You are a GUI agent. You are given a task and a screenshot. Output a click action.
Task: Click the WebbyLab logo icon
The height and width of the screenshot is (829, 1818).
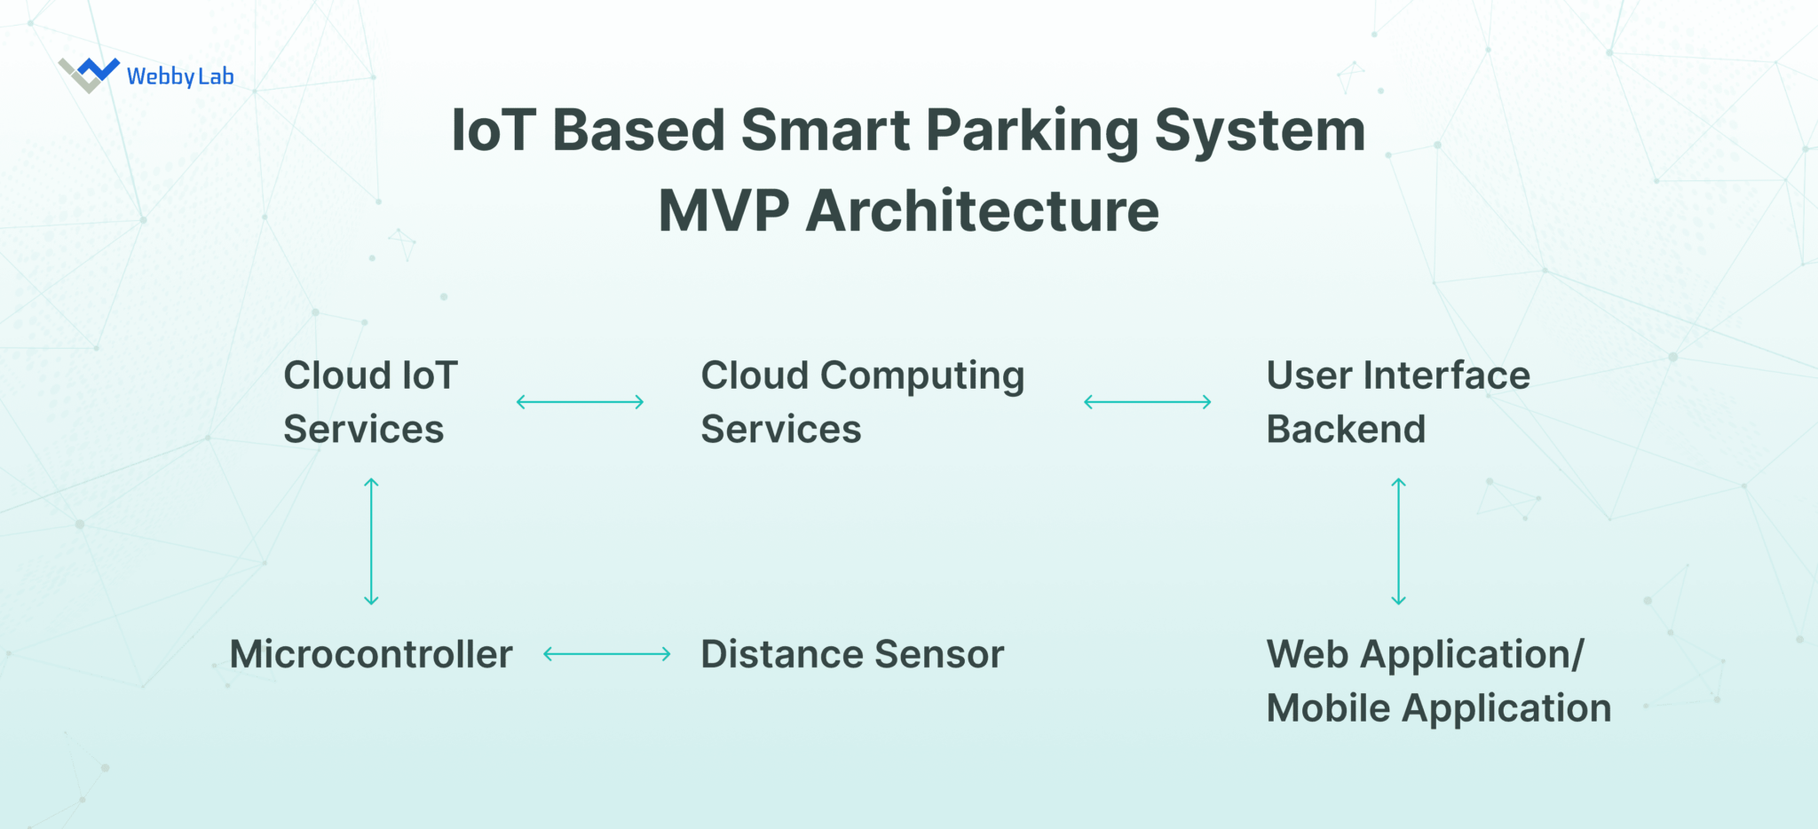(x=89, y=74)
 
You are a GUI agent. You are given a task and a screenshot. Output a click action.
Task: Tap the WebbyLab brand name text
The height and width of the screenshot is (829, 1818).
(x=180, y=76)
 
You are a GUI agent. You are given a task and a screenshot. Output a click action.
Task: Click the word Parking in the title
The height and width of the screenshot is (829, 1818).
(x=1032, y=131)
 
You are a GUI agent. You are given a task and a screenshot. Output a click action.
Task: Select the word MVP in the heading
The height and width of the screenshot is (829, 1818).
(x=723, y=211)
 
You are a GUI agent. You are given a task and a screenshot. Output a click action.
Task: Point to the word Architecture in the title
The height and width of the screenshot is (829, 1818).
(x=982, y=211)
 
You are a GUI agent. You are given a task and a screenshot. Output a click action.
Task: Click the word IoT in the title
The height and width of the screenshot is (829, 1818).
(x=494, y=131)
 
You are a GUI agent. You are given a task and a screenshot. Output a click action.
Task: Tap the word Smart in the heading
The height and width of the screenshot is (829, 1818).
(x=825, y=131)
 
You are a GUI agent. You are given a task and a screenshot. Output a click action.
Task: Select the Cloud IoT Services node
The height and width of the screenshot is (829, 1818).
(x=370, y=402)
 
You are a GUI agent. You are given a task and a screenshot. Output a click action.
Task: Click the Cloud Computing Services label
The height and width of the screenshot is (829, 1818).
(x=862, y=402)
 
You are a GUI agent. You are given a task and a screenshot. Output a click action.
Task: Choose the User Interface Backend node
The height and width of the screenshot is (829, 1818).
(x=1397, y=402)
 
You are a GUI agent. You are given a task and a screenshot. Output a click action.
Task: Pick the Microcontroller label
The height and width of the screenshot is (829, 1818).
(x=371, y=654)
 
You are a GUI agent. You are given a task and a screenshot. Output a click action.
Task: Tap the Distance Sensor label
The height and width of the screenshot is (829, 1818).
(x=852, y=654)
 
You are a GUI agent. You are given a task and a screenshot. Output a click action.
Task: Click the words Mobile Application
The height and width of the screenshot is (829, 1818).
(x=1438, y=708)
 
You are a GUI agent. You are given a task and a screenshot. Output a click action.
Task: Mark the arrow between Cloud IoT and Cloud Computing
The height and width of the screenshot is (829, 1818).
(x=580, y=402)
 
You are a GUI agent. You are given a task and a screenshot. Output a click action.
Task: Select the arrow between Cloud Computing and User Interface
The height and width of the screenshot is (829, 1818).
(x=1147, y=402)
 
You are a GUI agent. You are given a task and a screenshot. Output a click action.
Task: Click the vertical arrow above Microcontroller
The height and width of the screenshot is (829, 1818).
(x=372, y=541)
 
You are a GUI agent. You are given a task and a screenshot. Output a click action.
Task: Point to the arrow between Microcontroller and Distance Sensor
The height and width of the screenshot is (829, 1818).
(x=606, y=654)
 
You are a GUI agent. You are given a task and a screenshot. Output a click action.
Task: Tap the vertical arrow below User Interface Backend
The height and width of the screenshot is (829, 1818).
(x=1398, y=541)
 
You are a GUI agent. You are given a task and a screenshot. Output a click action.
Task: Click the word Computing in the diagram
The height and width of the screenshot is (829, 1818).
(x=922, y=376)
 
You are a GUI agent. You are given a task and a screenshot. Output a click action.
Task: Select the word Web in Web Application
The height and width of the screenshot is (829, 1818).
(x=1308, y=654)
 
